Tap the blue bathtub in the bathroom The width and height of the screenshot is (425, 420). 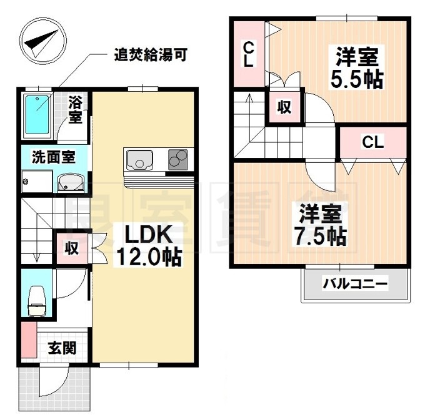tap(38, 114)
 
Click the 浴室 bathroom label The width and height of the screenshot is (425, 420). tap(75, 108)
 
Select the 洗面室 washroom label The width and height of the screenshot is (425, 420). tap(54, 157)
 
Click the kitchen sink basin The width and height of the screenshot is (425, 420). tap(139, 160)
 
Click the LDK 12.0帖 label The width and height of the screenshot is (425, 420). tap(147, 245)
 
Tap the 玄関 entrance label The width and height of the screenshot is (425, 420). tap(62, 347)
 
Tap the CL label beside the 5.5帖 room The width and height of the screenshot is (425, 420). tap(248, 55)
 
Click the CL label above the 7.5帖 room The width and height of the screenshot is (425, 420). tap(373, 142)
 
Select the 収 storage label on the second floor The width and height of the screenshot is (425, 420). tap(284, 107)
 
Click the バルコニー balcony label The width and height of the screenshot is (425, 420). tap(355, 285)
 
